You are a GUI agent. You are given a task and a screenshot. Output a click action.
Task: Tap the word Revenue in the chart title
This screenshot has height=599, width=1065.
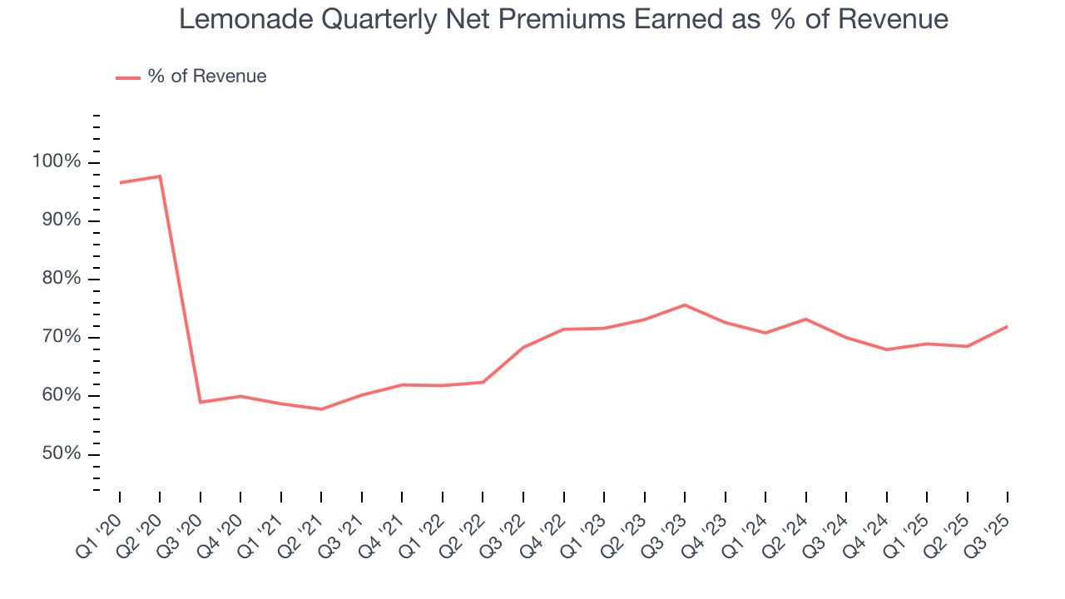coord(893,19)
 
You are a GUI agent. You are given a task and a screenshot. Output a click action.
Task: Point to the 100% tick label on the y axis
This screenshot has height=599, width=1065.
coord(57,161)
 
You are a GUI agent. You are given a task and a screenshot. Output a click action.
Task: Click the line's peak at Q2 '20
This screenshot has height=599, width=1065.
coord(160,176)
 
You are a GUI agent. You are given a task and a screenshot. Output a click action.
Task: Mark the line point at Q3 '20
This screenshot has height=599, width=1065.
coord(201,402)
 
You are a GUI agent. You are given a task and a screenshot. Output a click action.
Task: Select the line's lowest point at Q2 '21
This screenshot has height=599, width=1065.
coord(321,409)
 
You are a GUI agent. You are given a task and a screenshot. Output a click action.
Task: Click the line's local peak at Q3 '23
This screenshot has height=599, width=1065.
coord(685,304)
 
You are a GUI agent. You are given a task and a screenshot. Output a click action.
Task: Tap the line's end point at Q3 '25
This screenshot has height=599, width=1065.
coord(1008,326)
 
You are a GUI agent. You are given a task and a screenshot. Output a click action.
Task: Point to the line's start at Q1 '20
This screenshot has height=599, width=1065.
coord(120,182)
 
